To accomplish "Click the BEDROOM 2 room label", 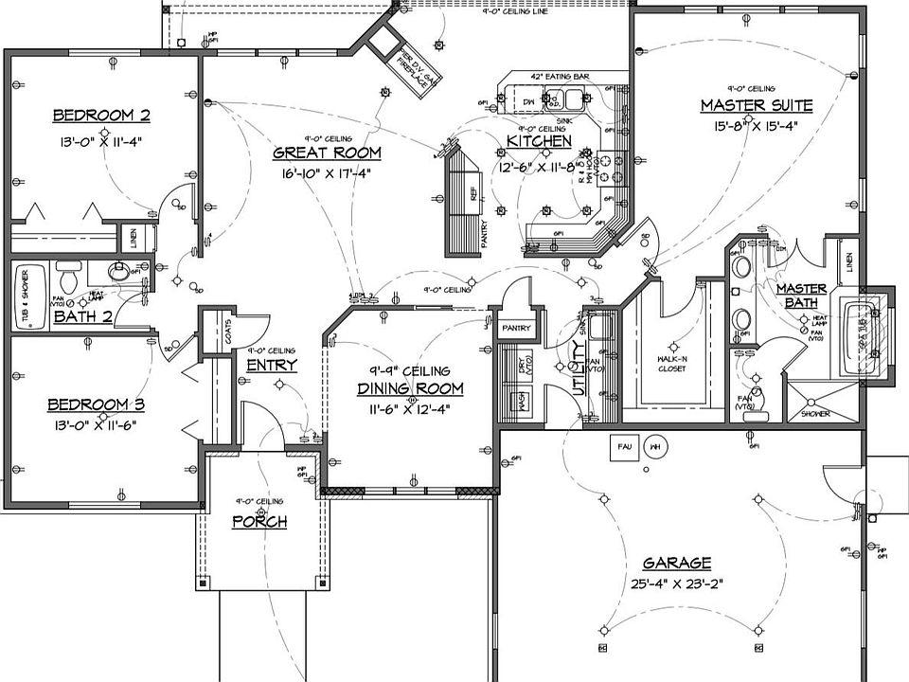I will (x=101, y=116).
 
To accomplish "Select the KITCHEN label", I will (x=539, y=141).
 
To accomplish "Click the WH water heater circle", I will (x=654, y=447).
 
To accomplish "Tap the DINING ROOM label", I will (x=410, y=388).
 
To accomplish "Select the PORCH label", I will (x=259, y=522).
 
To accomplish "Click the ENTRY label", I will (x=272, y=365).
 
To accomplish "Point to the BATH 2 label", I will (x=82, y=316).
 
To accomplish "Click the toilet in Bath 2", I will (x=67, y=279).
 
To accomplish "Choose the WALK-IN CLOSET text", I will (x=672, y=364).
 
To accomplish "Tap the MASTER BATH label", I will (x=801, y=296).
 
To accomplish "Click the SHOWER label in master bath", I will (x=815, y=414).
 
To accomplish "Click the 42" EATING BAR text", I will (x=561, y=75).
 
